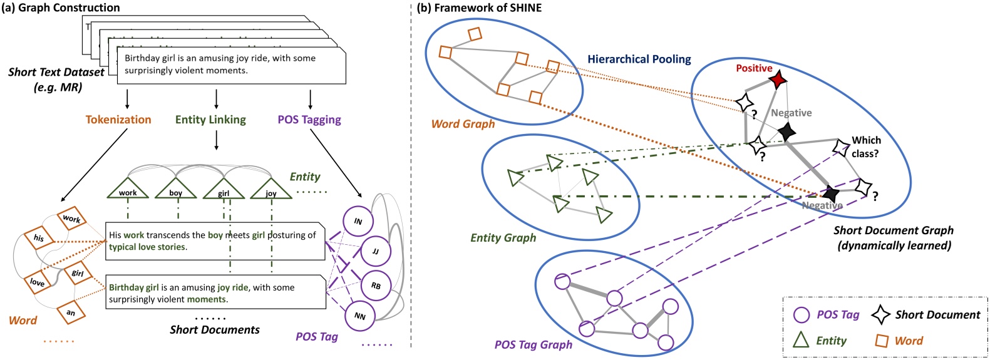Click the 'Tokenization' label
(118, 120)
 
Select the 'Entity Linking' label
(210, 120)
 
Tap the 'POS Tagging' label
(309, 120)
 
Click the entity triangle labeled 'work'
(128, 189)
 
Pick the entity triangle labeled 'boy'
(176, 189)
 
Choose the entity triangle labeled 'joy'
(271, 190)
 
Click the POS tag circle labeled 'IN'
(358, 221)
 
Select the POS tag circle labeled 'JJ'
(376, 252)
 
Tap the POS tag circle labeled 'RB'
(376, 285)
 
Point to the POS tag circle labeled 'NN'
(359, 316)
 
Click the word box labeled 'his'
(39, 238)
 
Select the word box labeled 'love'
(38, 282)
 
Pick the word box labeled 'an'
(71, 312)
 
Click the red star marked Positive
(778, 80)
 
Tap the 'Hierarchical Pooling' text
(639, 59)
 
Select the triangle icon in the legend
(801, 340)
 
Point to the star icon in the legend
(881, 314)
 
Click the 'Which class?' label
(865, 147)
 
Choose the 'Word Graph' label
(463, 124)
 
